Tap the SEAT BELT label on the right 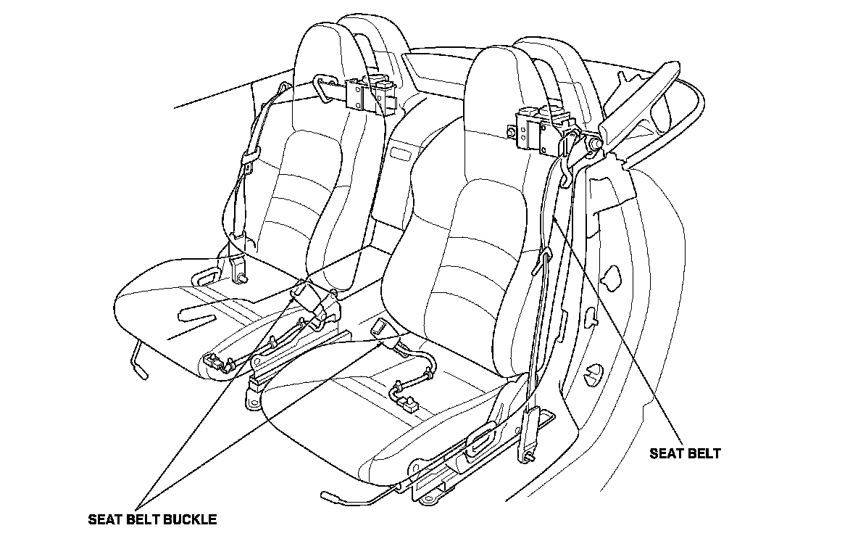pyautogui.click(x=685, y=454)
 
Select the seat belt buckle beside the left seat pyautogui.click(x=303, y=294)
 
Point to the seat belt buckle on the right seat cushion pyautogui.click(x=381, y=330)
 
